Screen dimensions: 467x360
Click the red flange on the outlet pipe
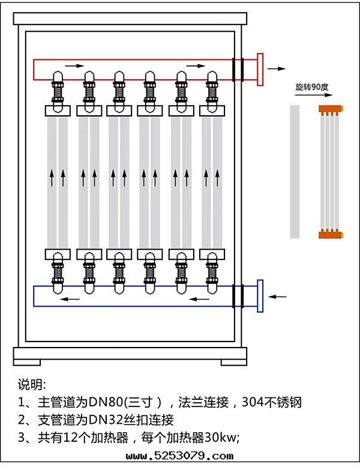coord(260,69)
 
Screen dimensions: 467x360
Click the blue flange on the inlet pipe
coord(260,296)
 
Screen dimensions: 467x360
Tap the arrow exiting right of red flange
coord(277,68)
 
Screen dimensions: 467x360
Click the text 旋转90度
coord(312,87)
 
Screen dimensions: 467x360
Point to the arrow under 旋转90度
coord(311,96)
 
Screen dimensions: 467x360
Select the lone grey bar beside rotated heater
coord(294,172)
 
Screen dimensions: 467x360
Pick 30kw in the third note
coord(220,437)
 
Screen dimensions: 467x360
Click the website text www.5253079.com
coord(181,456)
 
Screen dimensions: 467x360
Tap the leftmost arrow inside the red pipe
coord(71,65)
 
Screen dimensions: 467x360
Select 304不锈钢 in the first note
coord(271,402)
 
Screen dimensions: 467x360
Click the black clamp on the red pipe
coord(238,68)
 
